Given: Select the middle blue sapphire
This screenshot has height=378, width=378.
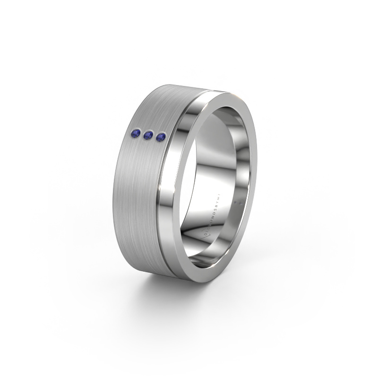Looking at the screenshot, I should [148, 136].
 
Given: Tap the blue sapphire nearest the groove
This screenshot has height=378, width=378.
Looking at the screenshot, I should [161, 137].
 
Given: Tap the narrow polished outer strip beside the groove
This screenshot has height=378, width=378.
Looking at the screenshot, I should [182, 142].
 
